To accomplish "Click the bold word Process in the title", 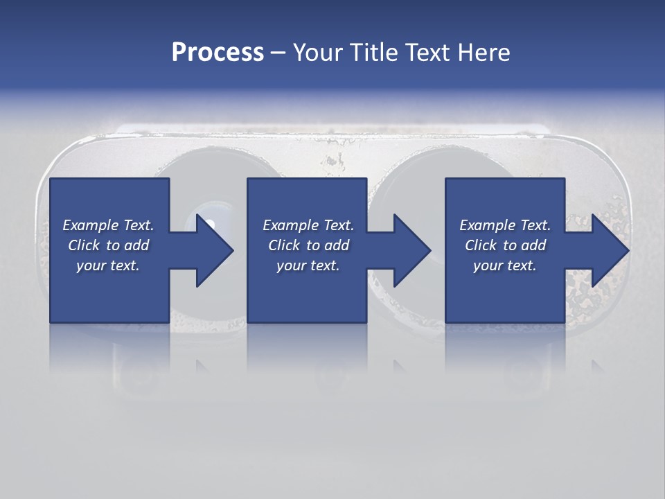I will [218, 52].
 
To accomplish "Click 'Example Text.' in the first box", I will [108, 225].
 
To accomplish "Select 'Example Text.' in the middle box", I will [308, 225].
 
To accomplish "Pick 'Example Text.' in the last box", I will [505, 225].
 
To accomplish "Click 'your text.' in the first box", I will [108, 265].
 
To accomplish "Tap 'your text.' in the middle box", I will [308, 265].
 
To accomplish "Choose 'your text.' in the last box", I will [505, 265].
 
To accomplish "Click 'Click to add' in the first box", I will [108, 245].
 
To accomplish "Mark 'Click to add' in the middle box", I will [308, 245].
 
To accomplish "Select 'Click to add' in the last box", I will [505, 245].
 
